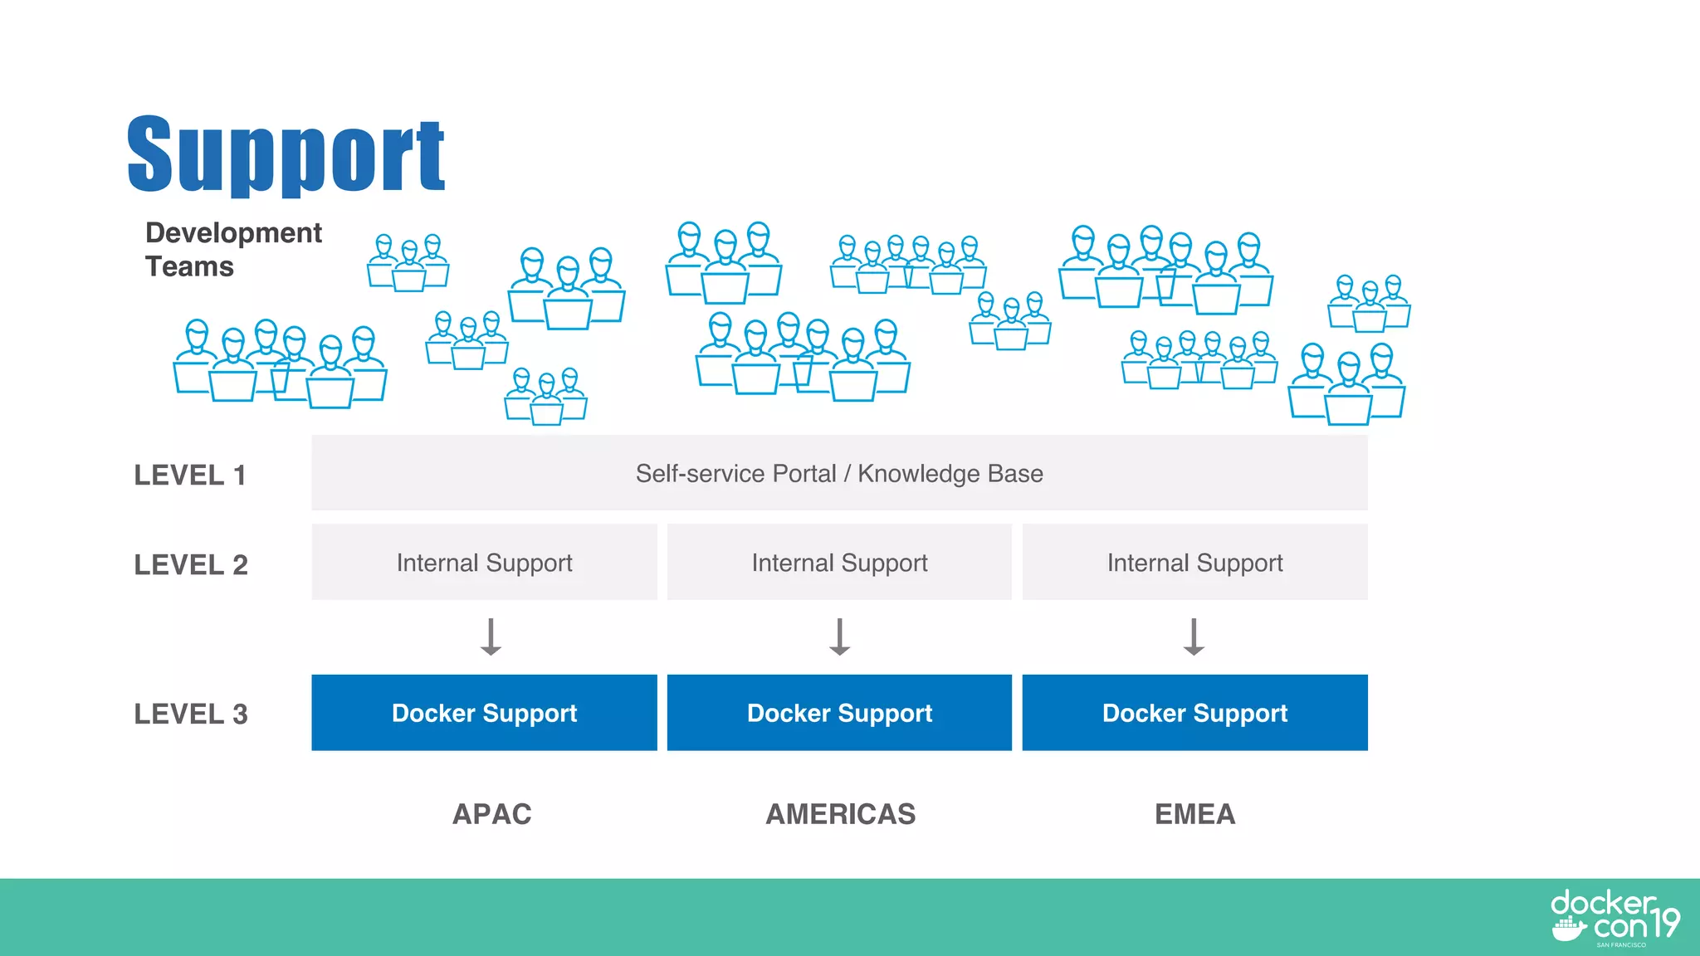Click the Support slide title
coord(286,155)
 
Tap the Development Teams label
coord(232,249)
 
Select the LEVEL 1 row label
coord(190,475)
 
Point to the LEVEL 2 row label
coord(191,564)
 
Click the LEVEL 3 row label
coord(191,714)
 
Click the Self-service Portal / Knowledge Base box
coord(838,473)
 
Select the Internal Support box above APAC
coord(484,562)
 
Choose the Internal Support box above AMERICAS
coord(839,562)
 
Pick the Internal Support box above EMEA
coord(1194,562)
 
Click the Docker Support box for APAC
coord(484,713)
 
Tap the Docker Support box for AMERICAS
coord(839,713)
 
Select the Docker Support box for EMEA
coord(1194,713)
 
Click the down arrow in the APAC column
coord(491,637)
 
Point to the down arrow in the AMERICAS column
coord(839,637)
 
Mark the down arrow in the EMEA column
coord(1194,637)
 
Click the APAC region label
coord(491,814)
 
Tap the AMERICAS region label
coord(840,814)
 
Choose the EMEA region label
coord(1194,814)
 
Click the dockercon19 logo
coord(1614,918)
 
